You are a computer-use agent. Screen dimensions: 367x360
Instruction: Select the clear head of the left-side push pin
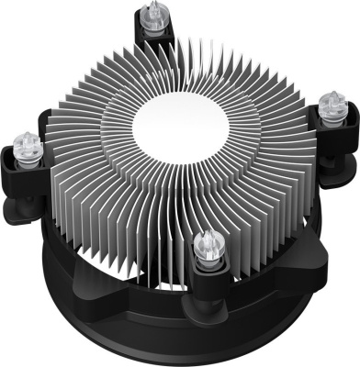(x=27, y=144)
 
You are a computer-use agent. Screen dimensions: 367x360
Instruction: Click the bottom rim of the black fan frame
(x=184, y=353)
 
